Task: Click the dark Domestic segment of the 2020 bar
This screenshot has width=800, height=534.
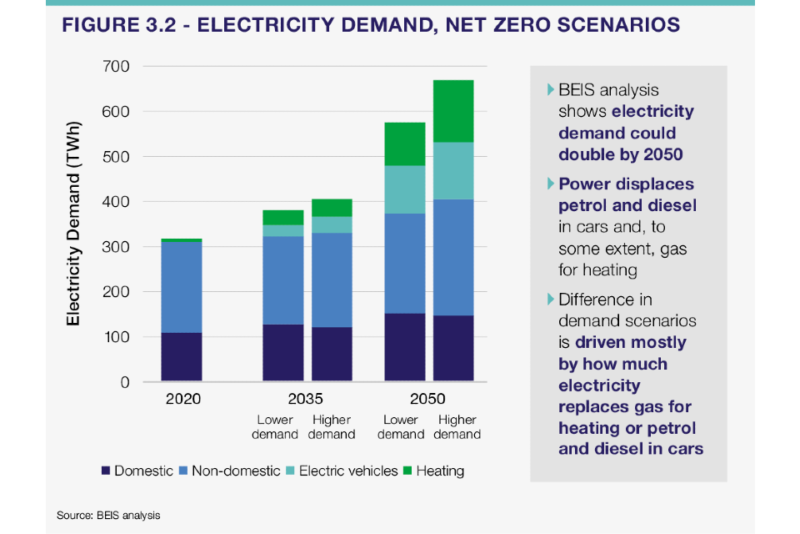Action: pos(182,357)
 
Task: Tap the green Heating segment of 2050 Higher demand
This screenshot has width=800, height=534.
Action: pos(453,111)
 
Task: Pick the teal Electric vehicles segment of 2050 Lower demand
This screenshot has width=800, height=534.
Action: pos(404,189)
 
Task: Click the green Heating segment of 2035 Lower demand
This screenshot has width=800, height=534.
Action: pos(282,217)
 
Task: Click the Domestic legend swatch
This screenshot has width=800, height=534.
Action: pos(105,471)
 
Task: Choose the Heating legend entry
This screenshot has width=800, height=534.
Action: pos(433,471)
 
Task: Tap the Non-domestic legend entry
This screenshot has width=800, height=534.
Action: pos(228,471)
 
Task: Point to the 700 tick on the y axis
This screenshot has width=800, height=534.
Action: pos(117,66)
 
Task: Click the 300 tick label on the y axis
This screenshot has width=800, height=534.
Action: pos(117,247)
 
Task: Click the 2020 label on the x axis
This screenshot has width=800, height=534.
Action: pos(182,399)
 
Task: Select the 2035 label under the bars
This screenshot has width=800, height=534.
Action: pos(306,399)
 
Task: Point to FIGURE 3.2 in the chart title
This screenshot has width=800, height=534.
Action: pos(118,25)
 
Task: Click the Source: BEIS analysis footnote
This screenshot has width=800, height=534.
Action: pos(108,516)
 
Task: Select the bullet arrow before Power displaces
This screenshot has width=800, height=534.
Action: pos(550,183)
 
